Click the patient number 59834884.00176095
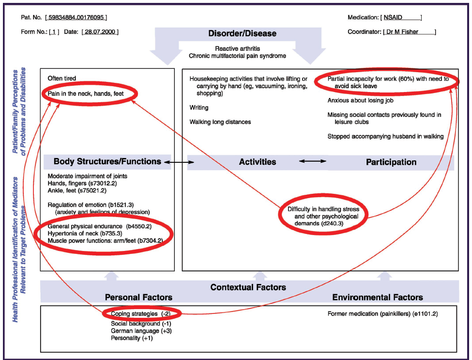pos(76,18)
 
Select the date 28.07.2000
pos(100,32)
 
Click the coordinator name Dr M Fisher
pos(408,32)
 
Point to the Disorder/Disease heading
pos(242,33)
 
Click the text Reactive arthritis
pos(237,48)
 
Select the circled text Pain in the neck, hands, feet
pos(86,93)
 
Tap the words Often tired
pos(62,78)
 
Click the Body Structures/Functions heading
pos(107,161)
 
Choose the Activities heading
pos(258,162)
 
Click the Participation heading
pos(391,162)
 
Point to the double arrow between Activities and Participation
pos(312,160)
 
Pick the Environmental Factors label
pos(378,297)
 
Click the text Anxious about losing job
pos(360,101)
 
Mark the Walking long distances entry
pos(220,122)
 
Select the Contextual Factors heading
pos(248,287)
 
